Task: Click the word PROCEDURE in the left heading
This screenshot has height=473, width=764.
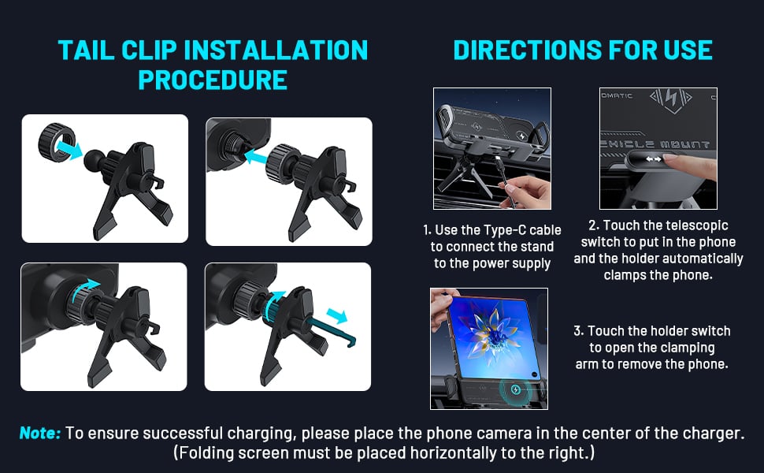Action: (x=213, y=80)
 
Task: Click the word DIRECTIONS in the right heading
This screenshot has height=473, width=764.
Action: (x=519, y=50)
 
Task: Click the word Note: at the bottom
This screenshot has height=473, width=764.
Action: (x=40, y=433)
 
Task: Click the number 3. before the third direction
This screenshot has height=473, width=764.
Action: (x=578, y=331)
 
